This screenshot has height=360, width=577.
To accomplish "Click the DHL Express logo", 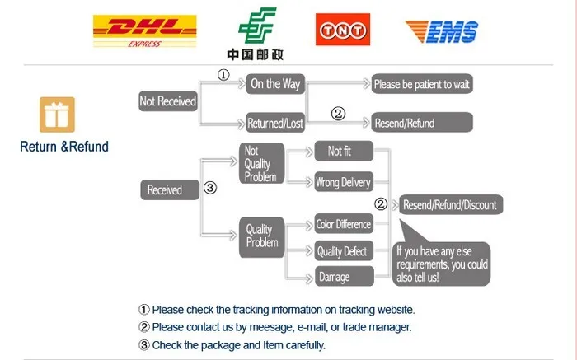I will click(x=145, y=32).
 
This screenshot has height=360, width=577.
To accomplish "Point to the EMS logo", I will click(x=441, y=31).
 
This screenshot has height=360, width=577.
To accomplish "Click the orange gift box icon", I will click(x=57, y=115).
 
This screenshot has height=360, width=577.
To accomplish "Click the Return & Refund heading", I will click(x=64, y=147).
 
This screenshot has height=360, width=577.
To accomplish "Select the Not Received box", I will click(x=168, y=101).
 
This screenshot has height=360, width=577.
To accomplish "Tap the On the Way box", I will click(x=276, y=84).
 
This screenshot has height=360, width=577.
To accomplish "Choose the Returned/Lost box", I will click(x=276, y=124).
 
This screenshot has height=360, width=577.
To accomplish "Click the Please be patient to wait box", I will click(x=422, y=84).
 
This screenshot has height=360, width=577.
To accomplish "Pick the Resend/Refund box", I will click(x=422, y=123).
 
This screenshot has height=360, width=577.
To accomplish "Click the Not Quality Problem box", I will click(x=262, y=163).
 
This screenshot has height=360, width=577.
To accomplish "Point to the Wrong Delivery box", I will click(x=344, y=183).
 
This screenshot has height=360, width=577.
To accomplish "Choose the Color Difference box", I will click(x=344, y=224).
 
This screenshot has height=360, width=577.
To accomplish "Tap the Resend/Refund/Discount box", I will click(x=449, y=204).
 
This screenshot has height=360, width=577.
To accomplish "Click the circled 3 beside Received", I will click(x=209, y=189).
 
